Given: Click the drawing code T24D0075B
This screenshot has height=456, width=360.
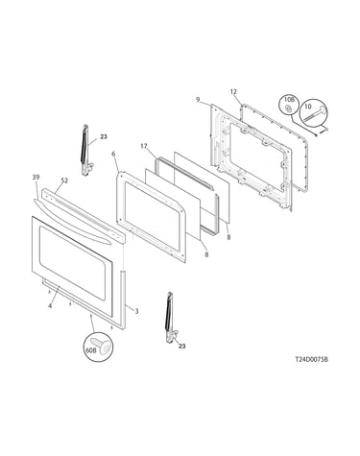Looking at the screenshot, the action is pyautogui.click(x=311, y=359).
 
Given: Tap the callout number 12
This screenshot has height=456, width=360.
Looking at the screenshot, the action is pyautogui.click(x=233, y=92).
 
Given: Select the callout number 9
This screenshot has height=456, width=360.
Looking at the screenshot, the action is pyautogui.click(x=198, y=100).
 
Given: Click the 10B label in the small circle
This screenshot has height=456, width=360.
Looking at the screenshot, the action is pyautogui.click(x=288, y=101).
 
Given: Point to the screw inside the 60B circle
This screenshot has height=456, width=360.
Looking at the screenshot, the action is pyautogui.click(x=102, y=346).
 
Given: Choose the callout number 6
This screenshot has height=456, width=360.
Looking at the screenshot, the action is pyautogui.click(x=113, y=154).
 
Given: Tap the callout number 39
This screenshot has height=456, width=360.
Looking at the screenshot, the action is pyautogui.click(x=36, y=178).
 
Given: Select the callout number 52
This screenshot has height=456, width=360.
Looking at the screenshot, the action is pyautogui.click(x=64, y=180).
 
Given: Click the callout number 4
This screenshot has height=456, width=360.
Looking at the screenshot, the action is pyautogui.click(x=50, y=305).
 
